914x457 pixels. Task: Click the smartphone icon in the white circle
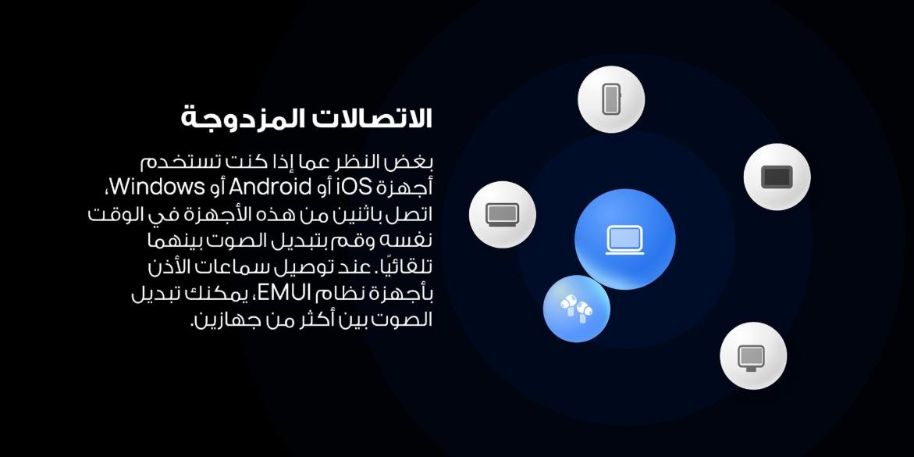[611, 99]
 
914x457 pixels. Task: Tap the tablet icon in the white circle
[777, 177]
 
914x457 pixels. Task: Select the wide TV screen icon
[503, 214]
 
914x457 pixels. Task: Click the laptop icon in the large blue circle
[625, 240]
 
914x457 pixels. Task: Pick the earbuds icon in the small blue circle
[576, 307]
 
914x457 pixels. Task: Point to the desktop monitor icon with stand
[751, 357]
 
